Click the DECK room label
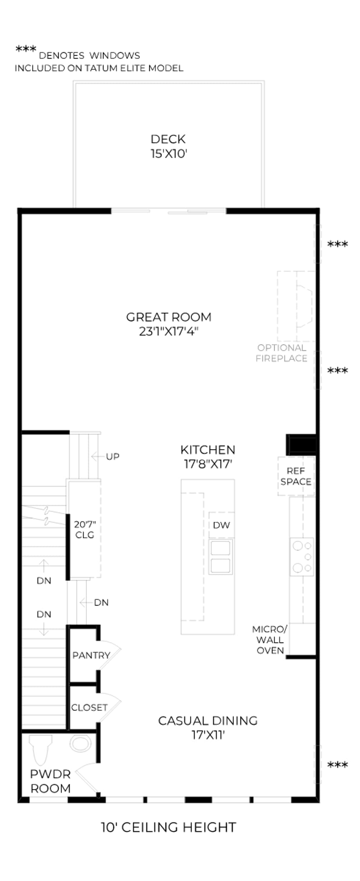[168, 139]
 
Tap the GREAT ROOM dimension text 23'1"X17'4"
[169, 332]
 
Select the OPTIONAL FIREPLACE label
[281, 353]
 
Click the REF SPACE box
[296, 476]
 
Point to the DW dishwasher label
[221, 525]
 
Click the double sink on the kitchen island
[221, 556]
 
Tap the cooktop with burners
[302, 556]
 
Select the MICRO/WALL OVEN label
[270, 639]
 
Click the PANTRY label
[91, 655]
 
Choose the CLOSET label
[89, 707]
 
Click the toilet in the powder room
[41, 749]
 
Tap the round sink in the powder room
[80, 744]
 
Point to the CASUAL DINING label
[208, 720]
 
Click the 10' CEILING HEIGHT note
[169, 827]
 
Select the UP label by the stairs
[112, 457]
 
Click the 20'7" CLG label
[85, 529]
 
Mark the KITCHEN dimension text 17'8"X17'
[208, 464]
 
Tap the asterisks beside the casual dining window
[337, 764]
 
